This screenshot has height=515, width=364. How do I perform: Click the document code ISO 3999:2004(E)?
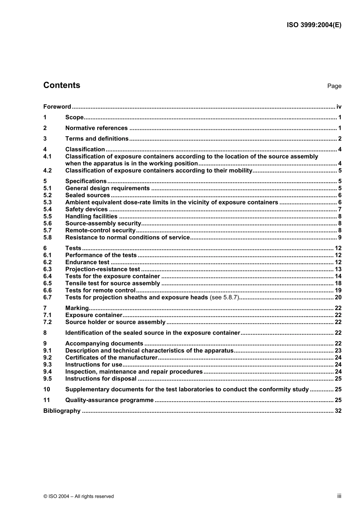[314, 25]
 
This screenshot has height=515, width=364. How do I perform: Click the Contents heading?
[62, 85]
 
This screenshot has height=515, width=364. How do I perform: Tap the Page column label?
[334, 86]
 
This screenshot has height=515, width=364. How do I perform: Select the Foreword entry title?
[57, 107]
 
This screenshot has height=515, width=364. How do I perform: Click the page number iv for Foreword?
[339, 107]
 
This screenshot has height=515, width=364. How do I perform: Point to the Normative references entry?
[96, 128]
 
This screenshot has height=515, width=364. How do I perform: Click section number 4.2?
[47, 171]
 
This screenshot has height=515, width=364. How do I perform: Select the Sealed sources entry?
[87, 195]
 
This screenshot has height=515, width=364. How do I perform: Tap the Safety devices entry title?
[86, 209]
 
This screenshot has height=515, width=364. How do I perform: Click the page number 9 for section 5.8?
[339, 238]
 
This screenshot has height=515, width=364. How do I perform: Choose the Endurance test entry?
[87, 262]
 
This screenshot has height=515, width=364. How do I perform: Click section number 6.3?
[47, 269]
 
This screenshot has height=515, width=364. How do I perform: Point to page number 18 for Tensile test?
[338, 283]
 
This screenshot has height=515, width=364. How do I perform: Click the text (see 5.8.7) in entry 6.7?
[224, 298]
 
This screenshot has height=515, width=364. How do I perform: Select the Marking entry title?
[77, 308]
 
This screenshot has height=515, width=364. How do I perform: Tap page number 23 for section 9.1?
[338, 351]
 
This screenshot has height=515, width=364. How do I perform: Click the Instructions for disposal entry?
[101, 379]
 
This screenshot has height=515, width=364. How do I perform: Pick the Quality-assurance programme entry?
[109, 400]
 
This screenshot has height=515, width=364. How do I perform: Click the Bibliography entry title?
[62, 411]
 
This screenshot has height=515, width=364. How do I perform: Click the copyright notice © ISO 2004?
[79, 496]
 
